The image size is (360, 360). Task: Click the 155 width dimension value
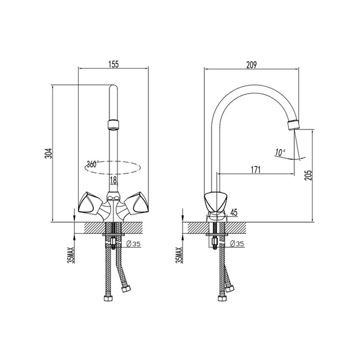[114, 64]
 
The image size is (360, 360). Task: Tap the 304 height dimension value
[49, 154]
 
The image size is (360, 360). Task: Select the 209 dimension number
[251, 65]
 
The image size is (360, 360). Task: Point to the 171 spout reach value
[256, 170]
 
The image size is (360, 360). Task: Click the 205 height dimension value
[310, 175]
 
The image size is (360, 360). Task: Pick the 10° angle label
[280, 152]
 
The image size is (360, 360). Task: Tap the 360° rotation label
[92, 164]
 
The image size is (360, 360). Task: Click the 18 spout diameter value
[114, 180]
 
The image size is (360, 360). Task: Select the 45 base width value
[233, 212]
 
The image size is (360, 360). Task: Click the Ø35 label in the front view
[133, 244]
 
